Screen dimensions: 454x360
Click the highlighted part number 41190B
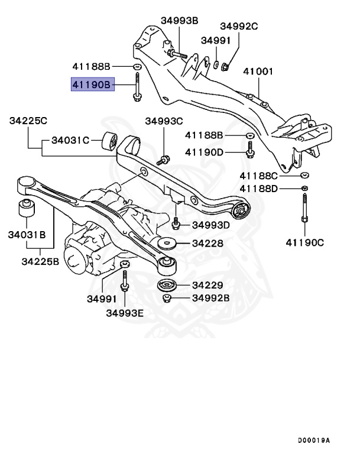tap(90, 85)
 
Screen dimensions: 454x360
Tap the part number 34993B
tap(179, 21)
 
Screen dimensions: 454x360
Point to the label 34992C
tap(239, 26)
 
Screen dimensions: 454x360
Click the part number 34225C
tap(28, 121)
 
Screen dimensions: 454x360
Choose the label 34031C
tap(70, 140)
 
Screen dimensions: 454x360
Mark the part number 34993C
tap(164, 121)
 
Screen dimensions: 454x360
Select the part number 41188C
tap(258, 176)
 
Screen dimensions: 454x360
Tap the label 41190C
tap(304, 242)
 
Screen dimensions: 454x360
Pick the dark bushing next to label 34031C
tap(109, 141)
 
